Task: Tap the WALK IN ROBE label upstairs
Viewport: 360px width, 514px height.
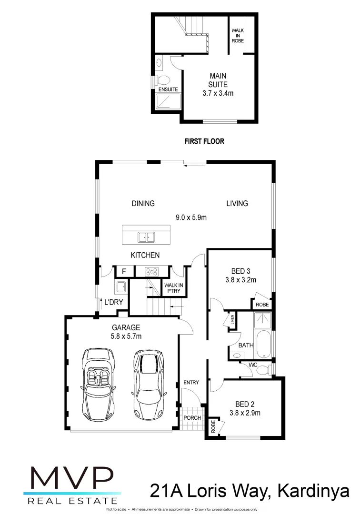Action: [x=237, y=36]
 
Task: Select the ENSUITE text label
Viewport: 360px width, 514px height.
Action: [x=168, y=89]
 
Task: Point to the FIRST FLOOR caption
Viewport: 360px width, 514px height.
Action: [x=204, y=141]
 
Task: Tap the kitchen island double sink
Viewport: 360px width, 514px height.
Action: [x=146, y=236]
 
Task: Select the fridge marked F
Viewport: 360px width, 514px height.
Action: [x=124, y=271]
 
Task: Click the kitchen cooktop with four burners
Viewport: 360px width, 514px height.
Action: [x=152, y=271]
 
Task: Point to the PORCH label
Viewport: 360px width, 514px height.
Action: [x=192, y=417]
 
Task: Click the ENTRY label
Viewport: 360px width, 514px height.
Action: [x=191, y=382]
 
